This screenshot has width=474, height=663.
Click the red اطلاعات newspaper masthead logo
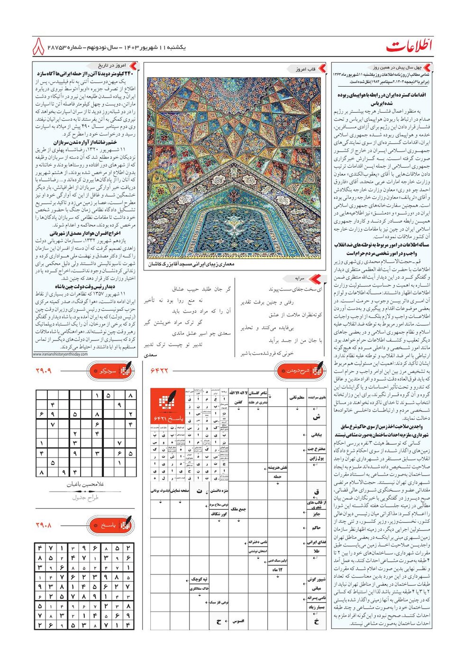409,46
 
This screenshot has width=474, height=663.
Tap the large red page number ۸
39,46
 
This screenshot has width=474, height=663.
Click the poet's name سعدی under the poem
150,354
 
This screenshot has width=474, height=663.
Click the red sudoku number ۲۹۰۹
44,371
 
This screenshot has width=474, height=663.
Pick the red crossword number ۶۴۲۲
159,371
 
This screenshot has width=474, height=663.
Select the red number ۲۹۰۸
44,525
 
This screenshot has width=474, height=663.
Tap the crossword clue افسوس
238,621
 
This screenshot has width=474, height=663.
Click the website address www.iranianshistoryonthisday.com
60,354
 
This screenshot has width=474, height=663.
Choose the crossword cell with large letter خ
316,621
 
